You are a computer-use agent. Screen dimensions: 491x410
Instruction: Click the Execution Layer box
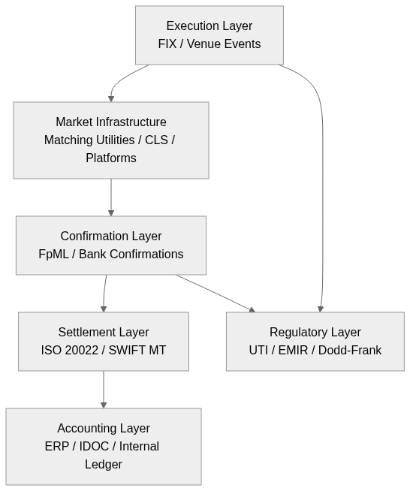(x=209, y=35)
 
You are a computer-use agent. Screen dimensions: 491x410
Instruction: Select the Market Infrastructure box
(x=111, y=140)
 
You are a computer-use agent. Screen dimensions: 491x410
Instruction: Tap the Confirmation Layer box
(x=111, y=245)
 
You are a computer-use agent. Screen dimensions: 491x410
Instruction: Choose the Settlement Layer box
(x=104, y=342)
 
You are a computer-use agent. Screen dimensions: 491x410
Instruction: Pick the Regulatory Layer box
(x=315, y=342)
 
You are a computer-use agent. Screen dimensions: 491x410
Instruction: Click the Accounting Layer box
(x=104, y=447)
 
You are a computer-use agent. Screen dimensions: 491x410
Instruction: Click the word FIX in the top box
(x=167, y=44)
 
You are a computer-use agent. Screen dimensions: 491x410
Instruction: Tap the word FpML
(x=53, y=255)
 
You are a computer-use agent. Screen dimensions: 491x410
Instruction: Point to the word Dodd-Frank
(x=353, y=351)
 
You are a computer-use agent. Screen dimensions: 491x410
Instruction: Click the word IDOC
(x=95, y=447)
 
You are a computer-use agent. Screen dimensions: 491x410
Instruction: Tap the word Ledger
(x=104, y=465)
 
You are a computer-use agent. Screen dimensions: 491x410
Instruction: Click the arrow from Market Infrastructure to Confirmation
(x=111, y=197)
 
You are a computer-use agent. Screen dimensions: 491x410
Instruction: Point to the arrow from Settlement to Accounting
(x=104, y=390)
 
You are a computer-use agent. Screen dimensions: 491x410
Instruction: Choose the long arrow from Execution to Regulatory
(x=323, y=188)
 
